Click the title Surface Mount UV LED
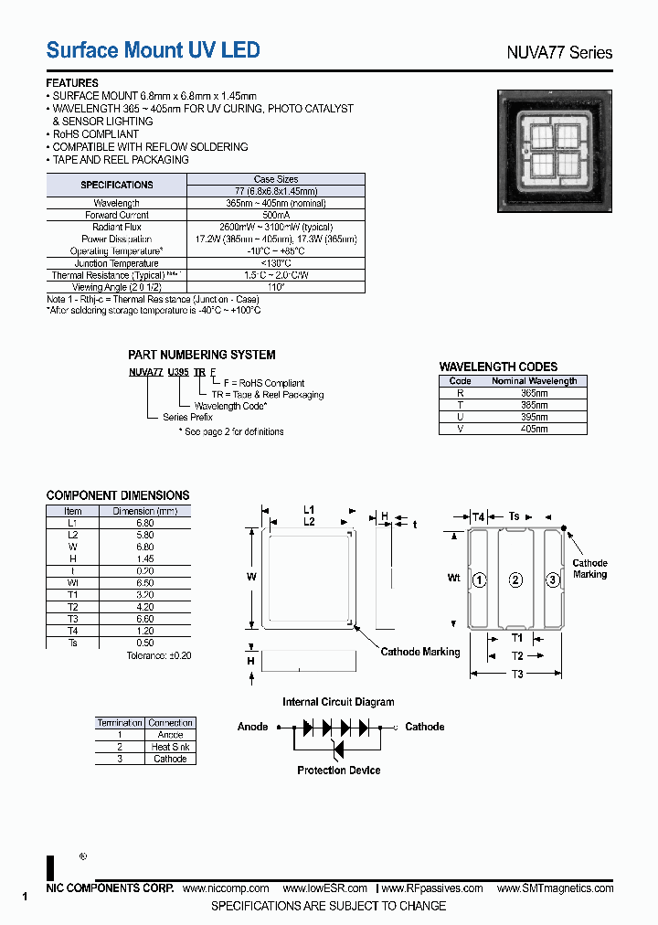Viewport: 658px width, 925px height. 153,50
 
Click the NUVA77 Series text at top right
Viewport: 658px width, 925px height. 559,52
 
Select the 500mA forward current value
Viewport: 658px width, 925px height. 275,215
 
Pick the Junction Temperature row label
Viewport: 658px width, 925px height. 116,263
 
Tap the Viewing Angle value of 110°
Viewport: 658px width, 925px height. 275,287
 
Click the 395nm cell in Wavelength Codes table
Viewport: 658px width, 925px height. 535,417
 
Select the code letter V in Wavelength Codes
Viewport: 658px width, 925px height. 461,429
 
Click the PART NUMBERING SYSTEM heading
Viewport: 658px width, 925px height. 201,355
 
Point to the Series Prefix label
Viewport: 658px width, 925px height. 187,418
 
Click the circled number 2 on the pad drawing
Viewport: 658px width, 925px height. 515,580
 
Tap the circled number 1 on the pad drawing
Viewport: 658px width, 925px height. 478,580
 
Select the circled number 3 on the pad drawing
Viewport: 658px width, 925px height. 552,580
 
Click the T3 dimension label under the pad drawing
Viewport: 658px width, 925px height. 517,675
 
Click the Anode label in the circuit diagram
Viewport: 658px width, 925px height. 253,727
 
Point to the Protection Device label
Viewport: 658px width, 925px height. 338,771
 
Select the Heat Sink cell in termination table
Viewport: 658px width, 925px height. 170,747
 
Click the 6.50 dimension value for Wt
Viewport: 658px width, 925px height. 144,583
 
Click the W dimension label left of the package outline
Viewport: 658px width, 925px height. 251,577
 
